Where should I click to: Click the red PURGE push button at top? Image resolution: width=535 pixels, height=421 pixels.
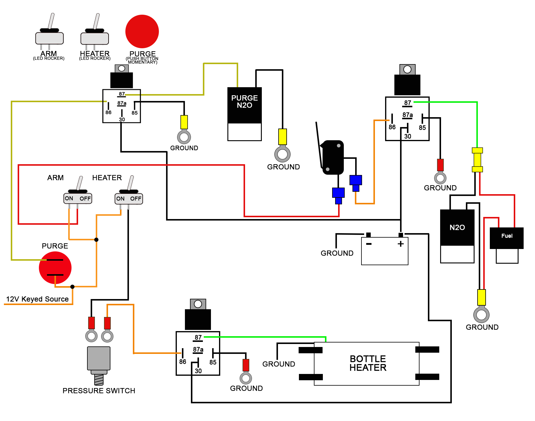click(x=142, y=31)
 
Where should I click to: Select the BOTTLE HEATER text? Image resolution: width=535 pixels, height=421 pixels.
click(x=368, y=363)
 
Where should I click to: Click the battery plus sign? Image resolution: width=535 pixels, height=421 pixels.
click(x=401, y=244)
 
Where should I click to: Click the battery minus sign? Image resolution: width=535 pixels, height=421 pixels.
click(x=369, y=244)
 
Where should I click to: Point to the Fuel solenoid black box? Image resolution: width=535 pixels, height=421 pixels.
click(x=507, y=238)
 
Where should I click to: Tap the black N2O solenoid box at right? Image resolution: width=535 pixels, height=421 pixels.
click(x=457, y=227)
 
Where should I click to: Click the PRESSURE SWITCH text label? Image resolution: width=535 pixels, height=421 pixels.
click(x=99, y=391)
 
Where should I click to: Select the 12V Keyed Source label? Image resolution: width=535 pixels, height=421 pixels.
click(x=37, y=299)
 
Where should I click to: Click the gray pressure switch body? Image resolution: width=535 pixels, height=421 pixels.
click(x=99, y=358)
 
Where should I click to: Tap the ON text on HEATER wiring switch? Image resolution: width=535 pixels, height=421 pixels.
click(x=120, y=199)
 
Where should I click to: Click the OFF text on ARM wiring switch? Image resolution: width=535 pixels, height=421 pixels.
click(x=85, y=199)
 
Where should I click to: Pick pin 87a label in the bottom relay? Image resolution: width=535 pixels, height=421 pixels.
click(x=198, y=349)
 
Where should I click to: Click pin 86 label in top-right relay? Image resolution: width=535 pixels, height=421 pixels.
click(x=392, y=127)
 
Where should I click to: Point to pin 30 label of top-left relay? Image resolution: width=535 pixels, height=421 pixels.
click(x=122, y=119)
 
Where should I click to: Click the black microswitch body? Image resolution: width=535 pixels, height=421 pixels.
click(x=333, y=157)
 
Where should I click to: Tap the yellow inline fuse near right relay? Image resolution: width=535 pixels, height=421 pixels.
click(x=477, y=160)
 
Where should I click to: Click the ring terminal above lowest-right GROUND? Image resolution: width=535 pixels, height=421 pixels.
click(x=481, y=315)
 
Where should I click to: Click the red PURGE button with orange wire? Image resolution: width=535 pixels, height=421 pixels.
click(x=55, y=268)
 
